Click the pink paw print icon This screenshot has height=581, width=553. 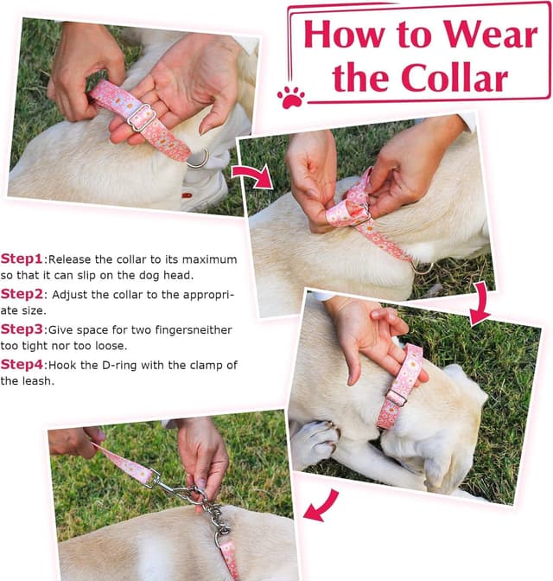click(291, 96)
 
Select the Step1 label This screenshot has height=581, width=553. click(22, 259)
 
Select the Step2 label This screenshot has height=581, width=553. click(22, 294)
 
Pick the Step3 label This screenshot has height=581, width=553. click(22, 329)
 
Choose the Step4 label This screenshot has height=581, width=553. click(22, 365)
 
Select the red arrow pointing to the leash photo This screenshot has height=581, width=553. click(321, 504)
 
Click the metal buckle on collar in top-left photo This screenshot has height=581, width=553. click(142, 118)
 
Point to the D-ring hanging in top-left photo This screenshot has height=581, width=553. click(198, 158)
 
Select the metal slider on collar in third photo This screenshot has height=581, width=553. click(397, 397)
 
